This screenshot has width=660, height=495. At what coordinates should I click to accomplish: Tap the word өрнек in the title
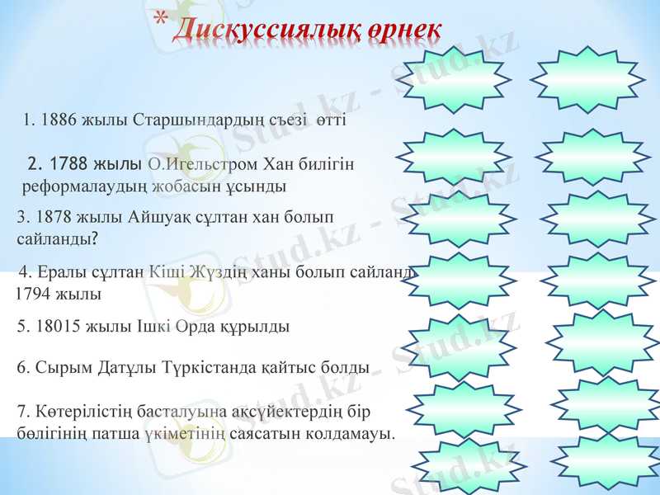[404, 29]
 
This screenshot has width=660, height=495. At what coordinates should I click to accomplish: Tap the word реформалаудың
[78, 186]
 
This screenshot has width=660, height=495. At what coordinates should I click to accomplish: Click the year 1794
[34, 293]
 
